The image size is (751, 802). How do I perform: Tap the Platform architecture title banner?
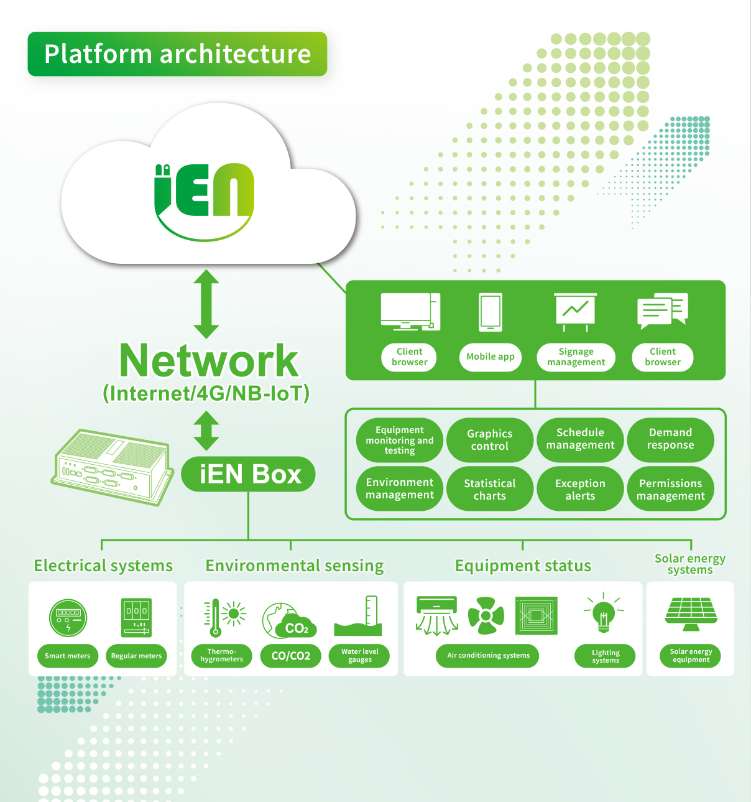coord(177,54)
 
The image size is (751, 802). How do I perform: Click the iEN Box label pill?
coord(248,475)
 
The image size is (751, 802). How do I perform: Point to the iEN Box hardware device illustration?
coord(112,465)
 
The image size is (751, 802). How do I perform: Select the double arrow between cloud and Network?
coord(206,304)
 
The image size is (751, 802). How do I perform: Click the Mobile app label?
coord(490,357)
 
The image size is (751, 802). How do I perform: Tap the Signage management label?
coord(576,357)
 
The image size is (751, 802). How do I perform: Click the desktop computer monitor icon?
coord(410,311)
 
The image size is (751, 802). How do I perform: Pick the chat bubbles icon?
coord(663,310)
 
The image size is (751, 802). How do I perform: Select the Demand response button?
coord(670,439)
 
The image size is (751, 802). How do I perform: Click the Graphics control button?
coord(490,440)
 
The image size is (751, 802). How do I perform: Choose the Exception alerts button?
coord(580,490)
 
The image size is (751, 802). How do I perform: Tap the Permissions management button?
coord(670,490)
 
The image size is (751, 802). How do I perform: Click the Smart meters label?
coord(67,656)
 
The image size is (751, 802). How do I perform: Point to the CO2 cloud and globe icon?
coord(289,620)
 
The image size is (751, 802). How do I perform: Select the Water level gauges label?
coord(359,656)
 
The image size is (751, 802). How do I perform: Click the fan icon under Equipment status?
coord(486,616)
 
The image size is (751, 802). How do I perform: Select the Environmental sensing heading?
coord(295,566)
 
